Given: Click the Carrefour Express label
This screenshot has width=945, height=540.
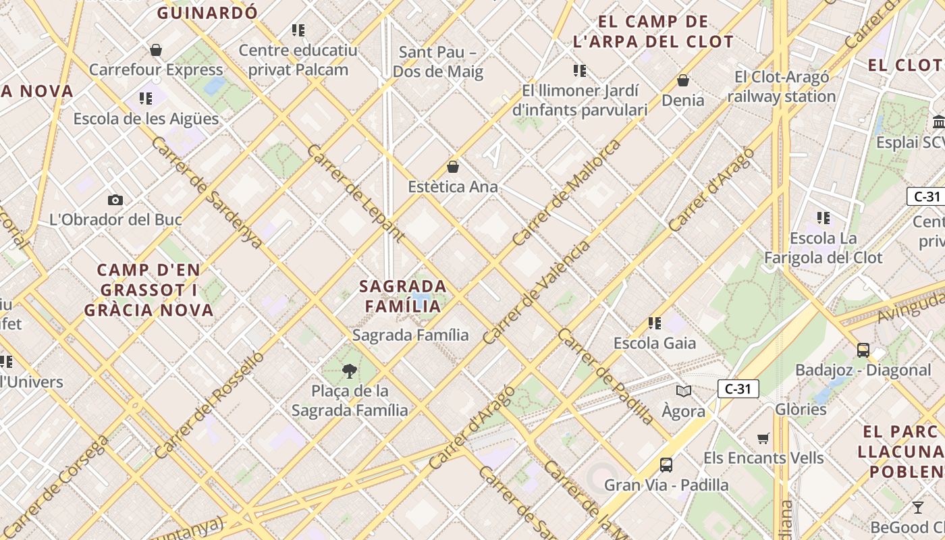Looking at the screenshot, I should click(x=156, y=70).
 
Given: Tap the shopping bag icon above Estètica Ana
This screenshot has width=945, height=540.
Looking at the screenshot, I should click(x=453, y=167).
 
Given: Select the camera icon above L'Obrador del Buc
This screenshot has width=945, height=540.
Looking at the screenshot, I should click(x=115, y=200).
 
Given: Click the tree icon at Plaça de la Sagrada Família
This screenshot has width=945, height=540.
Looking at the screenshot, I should click(x=349, y=370).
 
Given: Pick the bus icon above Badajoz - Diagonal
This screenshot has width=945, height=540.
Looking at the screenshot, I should click(x=863, y=350).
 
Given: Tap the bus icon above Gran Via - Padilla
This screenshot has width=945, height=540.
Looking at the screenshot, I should click(x=666, y=464).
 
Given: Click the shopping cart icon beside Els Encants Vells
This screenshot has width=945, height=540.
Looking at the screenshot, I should click(x=763, y=438).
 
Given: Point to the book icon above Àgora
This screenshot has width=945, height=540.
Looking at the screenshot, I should click(x=684, y=391).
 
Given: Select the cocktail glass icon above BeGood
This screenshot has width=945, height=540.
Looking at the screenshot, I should click(x=918, y=508).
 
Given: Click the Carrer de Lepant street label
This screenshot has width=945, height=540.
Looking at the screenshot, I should click(x=356, y=193).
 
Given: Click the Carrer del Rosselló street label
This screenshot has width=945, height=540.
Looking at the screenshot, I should click(x=209, y=405).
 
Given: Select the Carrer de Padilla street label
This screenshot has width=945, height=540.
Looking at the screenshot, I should click(x=605, y=377).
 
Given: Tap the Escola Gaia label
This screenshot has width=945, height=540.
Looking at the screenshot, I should click(x=654, y=343).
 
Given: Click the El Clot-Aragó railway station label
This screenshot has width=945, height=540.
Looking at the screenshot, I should click(x=782, y=86).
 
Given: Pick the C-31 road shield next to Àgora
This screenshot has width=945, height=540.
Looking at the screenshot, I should click(x=738, y=389).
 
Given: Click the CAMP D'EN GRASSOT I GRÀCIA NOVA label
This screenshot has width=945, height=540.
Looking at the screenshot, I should click(x=148, y=290).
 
